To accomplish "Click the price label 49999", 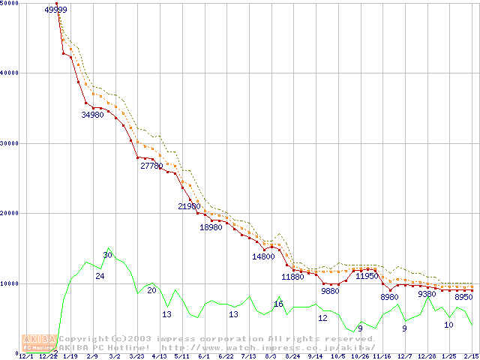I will [56, 10].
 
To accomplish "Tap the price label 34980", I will [93, 115].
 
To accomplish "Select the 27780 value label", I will [152, 166].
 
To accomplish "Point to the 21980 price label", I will [189, 206].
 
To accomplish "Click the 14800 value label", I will [263, 256].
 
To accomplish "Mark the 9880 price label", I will [331, 290].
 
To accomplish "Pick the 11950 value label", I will [367, 276].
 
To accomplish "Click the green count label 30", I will [107, 256].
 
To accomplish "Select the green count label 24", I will [100, 277].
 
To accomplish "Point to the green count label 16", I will [278, 304].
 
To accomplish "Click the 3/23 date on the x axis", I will [137, 357].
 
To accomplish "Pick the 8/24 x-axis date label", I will [293, 357].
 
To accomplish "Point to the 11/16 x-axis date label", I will [382, 357].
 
